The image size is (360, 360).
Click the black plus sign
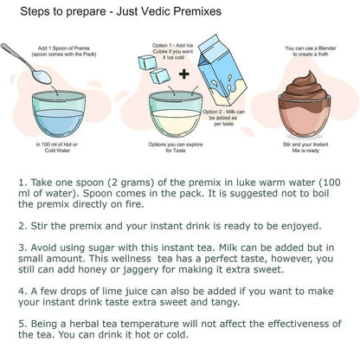pos(184,74)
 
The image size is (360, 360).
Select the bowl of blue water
pos(59,114)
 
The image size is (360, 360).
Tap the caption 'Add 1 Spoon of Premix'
pos(64,48)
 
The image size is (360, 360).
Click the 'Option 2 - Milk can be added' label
pos(224,118)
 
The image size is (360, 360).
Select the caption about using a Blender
pos(311,51)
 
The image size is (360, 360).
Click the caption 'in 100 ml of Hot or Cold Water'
pos(57,147)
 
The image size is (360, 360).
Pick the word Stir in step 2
pos(39,226)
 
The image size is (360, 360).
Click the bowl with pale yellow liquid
pos(176,114)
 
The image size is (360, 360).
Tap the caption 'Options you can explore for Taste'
pos(176,147)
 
